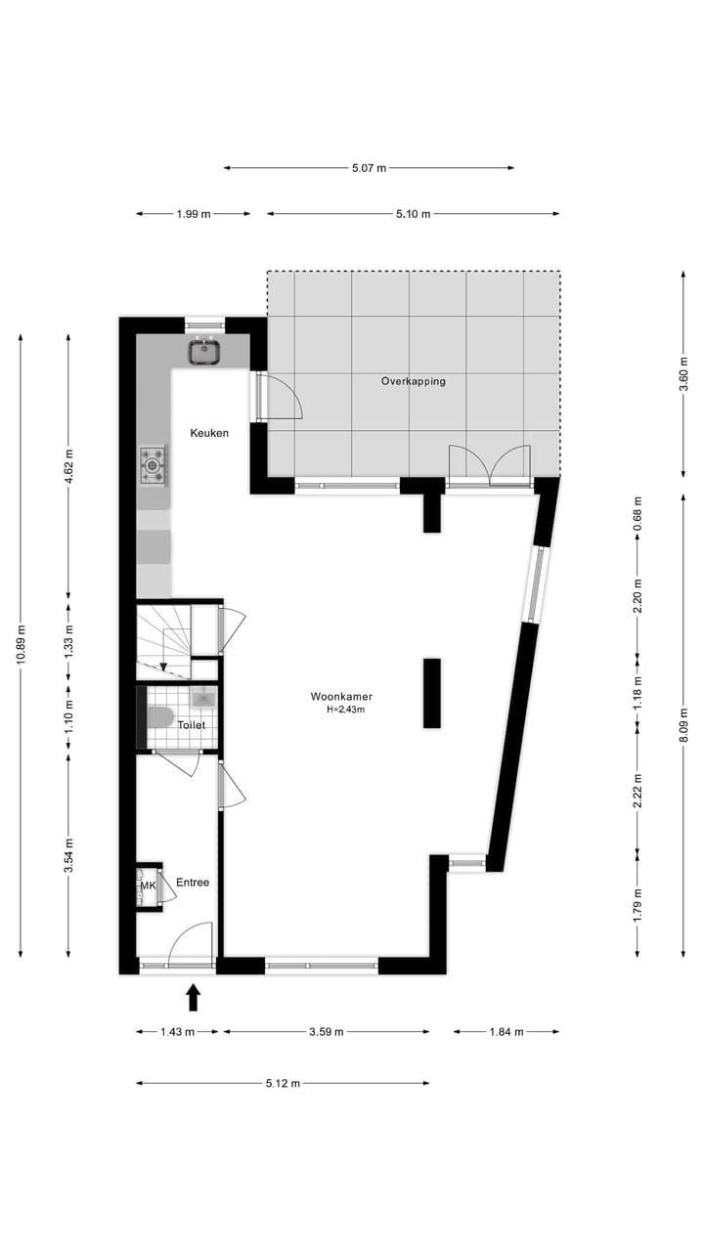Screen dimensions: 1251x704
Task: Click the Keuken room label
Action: (209, 432)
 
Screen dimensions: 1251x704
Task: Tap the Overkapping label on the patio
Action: (413, 381)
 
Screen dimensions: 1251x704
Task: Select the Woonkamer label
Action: (341, 697)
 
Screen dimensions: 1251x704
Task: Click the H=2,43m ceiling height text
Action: (345, 711)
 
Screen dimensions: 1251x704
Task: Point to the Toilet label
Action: (191, 725)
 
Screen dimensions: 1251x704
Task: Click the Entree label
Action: (193, 883)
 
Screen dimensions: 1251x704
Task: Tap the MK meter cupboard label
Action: (148, 886)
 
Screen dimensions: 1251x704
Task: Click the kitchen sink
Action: (205, 350)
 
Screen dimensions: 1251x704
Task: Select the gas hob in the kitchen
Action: (154, 465)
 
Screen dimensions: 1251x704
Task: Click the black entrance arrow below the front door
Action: (193, 997)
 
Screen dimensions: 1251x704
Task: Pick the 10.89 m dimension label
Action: (21, 645)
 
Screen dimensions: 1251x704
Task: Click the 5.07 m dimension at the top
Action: (369, 168)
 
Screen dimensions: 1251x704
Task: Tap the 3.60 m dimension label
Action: (683, 374)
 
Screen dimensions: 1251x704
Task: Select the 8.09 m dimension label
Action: (683, 724)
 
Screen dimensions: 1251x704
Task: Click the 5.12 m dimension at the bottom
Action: (283, 1083)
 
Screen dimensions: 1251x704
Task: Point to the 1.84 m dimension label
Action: (506, 1032)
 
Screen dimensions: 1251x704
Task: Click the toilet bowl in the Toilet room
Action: (159, 717)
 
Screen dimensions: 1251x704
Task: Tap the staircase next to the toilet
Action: (163, 640)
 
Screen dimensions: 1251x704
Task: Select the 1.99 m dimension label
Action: (194, 214)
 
